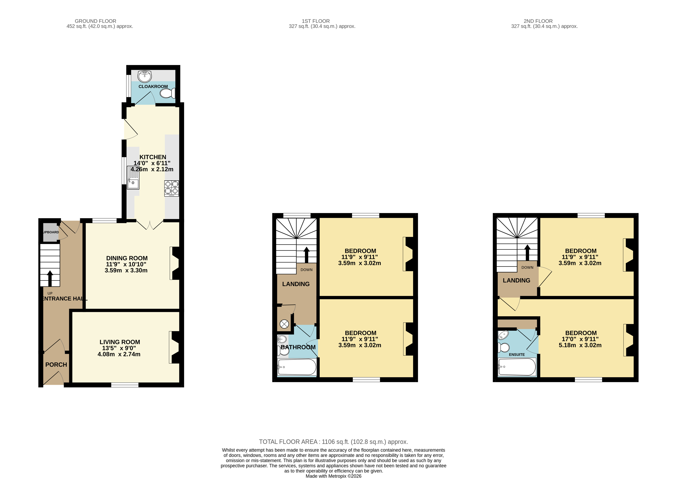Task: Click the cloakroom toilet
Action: pyautogui.click(x=167, y=94)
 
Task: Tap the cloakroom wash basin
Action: pyautogui.click(x=145, y=76)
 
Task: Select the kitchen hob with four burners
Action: pyautogui.click(x=171, y=188)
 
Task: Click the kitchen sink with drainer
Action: pyautogui.click(x=133, y=178)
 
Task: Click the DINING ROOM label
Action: pyautogui.click(x=127, y=258)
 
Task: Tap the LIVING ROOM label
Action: pyautogui.click(x=120, y=342)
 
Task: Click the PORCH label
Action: pyautogui.click(x=56, y=365)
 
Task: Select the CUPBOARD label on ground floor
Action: pyautogui.click(x=51, y=232)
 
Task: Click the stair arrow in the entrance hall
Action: pyautogui.click(x=50, y=278)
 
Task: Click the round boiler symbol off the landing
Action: pyautogui.click(x=284, y=324)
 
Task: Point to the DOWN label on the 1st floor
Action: pyautogui.click(x=307, y=270)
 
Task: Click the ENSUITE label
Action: pyautogui.click(x=517, y=354)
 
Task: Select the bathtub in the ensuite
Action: pyautogui.click(x=517, y=367)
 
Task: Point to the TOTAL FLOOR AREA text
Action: pyautogui.click(x=333, y=442)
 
